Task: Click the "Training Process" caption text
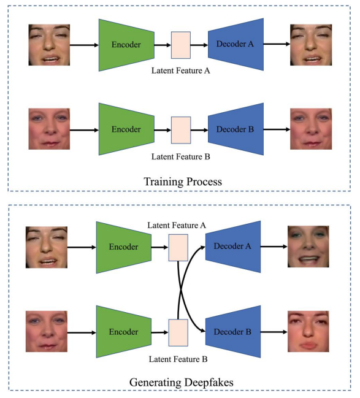click(x=183, y=182)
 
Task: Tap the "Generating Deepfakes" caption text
click(x=182, y=382)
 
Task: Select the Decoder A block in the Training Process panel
click(x=236, y=44)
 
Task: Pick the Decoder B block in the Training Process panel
click(x=236, y=129)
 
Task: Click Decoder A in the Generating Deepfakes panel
click(x=233, y=247)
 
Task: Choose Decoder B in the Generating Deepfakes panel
click(x=233, y=332)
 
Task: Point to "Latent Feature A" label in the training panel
click(x=181, y=71)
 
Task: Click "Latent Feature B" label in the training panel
click(x=181, y=156)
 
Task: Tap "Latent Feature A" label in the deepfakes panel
click(x=177, y=225)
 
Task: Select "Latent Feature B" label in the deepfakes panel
click(x=178, y=359)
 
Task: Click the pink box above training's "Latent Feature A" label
click(x=181, y=45)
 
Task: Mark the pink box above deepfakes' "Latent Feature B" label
click(x=178, y=333)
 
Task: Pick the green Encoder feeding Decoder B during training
click(x=126, y=129)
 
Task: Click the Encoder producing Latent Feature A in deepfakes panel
click(x=124, y=248)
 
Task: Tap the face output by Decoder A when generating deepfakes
click(x=308, y=247)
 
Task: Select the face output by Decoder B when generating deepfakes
click(x=308, y=332)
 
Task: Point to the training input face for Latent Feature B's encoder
click(x=49, y=129)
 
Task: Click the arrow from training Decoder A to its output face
click(x=277, y=44)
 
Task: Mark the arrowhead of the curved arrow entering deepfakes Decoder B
click(x=202, y=331)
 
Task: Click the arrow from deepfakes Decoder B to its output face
click(x=274, y=332)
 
